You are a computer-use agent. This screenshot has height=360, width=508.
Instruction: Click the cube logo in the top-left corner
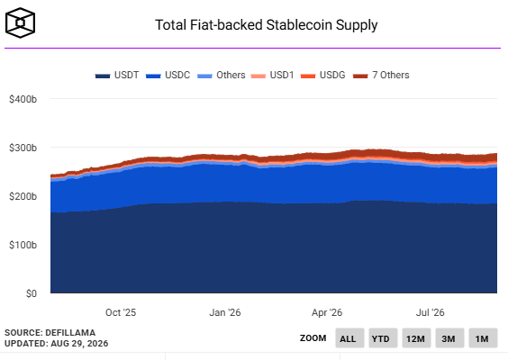pyautogui.click(x=20, y=22)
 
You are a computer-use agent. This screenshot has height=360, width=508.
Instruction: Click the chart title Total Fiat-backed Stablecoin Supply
pyautogui.click(x=267, y=25)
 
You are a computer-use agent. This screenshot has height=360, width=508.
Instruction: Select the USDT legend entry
pyautogui.click(x=117, y=75)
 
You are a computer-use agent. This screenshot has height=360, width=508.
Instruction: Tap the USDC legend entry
pyautogui.click(x=168, y=75)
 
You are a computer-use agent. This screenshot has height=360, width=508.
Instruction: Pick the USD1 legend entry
pyautogui.click(x=273, y=75)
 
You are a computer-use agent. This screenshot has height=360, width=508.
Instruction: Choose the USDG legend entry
pyautogui.click(x=323, y=75)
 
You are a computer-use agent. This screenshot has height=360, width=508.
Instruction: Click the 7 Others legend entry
pyautogui.click(x=381, y=75)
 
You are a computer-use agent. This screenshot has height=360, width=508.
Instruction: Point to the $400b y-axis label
pyautogui.click(x=23, y=99)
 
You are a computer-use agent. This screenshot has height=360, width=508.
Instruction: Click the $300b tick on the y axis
pyautogui.click(x=23, y=148)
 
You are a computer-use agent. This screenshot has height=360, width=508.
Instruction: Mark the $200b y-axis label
pyautogui.click(x=23, y=196)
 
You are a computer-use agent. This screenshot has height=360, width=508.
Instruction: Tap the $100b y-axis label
pyautogui.click(x=23, y=245)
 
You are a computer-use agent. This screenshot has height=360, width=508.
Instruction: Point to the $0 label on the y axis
pyautogui.click(x=32, y=293)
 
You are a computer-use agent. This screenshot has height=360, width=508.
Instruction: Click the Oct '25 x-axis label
pyautogui.click(x=121, y=312)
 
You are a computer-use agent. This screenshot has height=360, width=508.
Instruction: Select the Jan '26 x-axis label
pyautogui.click(x=225, y=312)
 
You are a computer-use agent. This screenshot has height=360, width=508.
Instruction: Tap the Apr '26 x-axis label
pyautogui.click(x=327, y=312)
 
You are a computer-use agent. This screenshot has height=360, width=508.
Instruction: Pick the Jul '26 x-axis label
pyautogui.click(x=431, y=312)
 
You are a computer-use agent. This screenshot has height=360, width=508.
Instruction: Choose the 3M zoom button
pyautogui.click(x=449, y=338)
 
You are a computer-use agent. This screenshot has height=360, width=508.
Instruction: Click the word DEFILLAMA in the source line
pyautogui.click(x=70, y=333)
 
